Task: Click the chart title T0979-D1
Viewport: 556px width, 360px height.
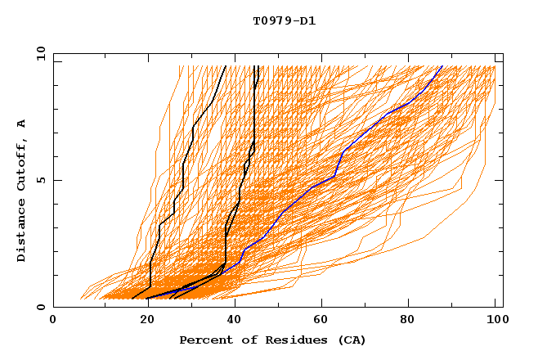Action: [x=284, y=21]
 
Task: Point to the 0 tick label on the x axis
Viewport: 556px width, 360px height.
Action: [x=53, y=321]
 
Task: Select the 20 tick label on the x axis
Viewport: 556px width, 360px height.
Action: [x=142, y=321]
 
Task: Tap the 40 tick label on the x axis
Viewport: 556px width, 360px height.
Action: [x=231, y=321]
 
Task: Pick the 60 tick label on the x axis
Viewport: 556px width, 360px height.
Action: [x=319, y=321]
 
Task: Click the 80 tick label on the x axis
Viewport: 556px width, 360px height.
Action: [x=407, y=321]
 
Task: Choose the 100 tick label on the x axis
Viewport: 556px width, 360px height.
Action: [x=495, y=321]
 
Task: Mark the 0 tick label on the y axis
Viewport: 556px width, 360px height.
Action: [x=41, y=308]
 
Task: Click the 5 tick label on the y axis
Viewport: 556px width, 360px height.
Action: [x=41, y=180]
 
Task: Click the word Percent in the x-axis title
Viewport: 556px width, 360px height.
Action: [x=202, y=340]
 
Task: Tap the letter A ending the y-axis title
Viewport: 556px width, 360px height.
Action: [x=22, y=124]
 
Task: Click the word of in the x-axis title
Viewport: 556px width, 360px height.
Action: [x=240, y=340]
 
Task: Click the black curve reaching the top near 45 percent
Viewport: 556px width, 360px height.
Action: [x=255, y=123]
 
